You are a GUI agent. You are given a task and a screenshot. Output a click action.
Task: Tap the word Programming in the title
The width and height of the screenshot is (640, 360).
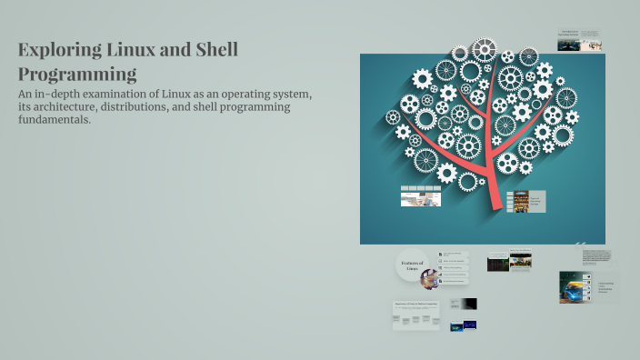(77, 75)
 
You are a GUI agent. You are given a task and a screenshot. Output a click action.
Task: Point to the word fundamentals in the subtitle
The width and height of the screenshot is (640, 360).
(54, 120)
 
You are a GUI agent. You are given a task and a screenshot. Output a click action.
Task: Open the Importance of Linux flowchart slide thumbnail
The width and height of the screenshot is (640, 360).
(416, 315)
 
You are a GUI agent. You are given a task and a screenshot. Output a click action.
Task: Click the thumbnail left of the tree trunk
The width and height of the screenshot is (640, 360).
(420, 195)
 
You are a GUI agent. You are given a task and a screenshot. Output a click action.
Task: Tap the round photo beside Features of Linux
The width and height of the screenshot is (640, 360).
(428, 277)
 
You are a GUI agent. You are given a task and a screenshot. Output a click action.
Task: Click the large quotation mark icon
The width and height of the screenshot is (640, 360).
(580, 243)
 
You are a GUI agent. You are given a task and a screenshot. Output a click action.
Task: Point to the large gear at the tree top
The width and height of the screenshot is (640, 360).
(485, 49)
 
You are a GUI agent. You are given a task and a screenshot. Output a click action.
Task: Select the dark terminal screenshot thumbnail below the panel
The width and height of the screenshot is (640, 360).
(497, 263)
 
